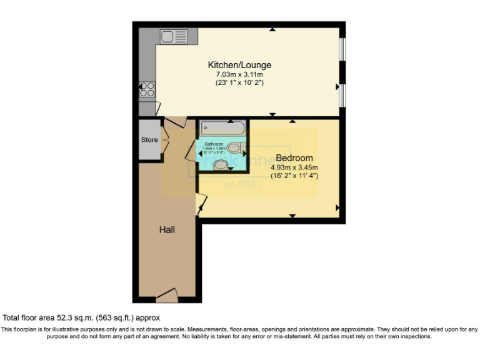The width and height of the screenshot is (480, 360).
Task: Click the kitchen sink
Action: (x=174, y=37)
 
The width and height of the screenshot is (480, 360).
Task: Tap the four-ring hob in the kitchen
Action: (x=147, y=90)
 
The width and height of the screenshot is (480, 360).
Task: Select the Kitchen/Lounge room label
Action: (x=239, y=65)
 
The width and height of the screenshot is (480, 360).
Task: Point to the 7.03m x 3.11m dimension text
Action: (x=239, y=74)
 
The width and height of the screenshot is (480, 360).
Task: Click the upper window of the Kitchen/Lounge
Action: (x=342, y=51)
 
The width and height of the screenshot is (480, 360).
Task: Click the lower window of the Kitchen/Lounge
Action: (x=342, y=94)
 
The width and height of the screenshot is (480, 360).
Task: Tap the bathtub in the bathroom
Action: (x=222, y=129)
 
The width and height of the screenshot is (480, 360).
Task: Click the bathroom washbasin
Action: (x=221, y=165)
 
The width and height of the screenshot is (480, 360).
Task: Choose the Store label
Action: (x=149, y=139)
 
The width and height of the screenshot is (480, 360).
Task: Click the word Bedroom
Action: (x=294, y=158)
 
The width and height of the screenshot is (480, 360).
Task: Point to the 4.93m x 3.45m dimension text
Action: (x=294, y=167)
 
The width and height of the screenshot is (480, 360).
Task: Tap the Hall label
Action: (x=167, y=230)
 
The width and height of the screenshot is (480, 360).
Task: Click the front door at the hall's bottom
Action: (x=167, y=294)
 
